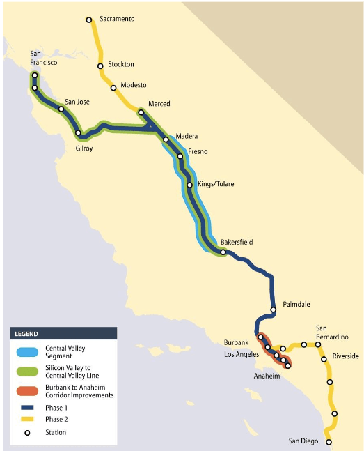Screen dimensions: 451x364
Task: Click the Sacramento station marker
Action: pyautogui.click(x=89, y=20)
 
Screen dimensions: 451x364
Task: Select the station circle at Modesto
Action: pyautogui.click(x=113, y=88)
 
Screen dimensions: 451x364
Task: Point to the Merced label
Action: pyautogui.click(x=159, y=104)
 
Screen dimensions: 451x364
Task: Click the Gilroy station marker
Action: pyautogui.click(x=79, y=133)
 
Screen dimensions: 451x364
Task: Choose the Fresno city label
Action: pyautogui.click(x=198, y=151)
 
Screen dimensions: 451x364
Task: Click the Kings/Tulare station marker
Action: pyautogui.click(x=189, y=185)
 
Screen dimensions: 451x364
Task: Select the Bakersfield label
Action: pyautogui.click(x=237, y=242)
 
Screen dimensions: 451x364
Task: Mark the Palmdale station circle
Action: pyautogui.click(x=274, y=309)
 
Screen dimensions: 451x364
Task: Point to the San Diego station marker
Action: pyautogui.click(x=329, y=442)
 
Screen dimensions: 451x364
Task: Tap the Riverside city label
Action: pyautogui.click(x=345, y=356)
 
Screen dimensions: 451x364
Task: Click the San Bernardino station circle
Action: pyautogui.click(x=318, y=344)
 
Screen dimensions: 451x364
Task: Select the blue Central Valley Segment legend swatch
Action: pyautogui.click(x=27, y=349)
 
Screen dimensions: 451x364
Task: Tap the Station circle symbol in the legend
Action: pyautogui.click(x=27, y=433)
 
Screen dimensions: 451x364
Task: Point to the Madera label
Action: pyautogui.click(x=187, y=136)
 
